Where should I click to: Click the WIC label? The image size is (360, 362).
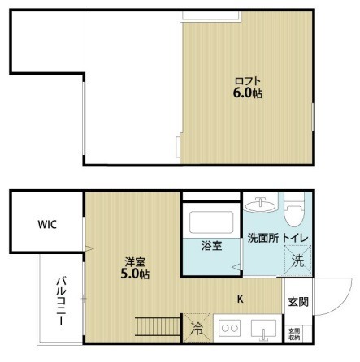47,224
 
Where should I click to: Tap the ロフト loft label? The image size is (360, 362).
248,81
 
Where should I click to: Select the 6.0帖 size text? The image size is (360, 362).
248,93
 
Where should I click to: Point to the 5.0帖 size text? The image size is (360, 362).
135,274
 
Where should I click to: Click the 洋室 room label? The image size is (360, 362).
135,262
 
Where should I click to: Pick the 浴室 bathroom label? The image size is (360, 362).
212,246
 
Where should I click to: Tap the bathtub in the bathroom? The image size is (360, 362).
211,222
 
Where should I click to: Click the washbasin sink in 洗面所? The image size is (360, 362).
261,205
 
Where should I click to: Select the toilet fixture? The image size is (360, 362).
294,210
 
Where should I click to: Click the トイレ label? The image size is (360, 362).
296,238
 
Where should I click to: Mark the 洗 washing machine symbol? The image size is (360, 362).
297,260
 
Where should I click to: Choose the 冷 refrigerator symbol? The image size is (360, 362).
197,328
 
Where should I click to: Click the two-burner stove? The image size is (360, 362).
230,328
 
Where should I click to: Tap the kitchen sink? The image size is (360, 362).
263,329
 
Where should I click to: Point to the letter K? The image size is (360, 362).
240,299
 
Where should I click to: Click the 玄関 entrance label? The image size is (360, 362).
298,302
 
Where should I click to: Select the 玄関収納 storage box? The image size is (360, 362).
294,334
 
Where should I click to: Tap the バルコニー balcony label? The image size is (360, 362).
62,300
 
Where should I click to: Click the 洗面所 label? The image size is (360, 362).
263,238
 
